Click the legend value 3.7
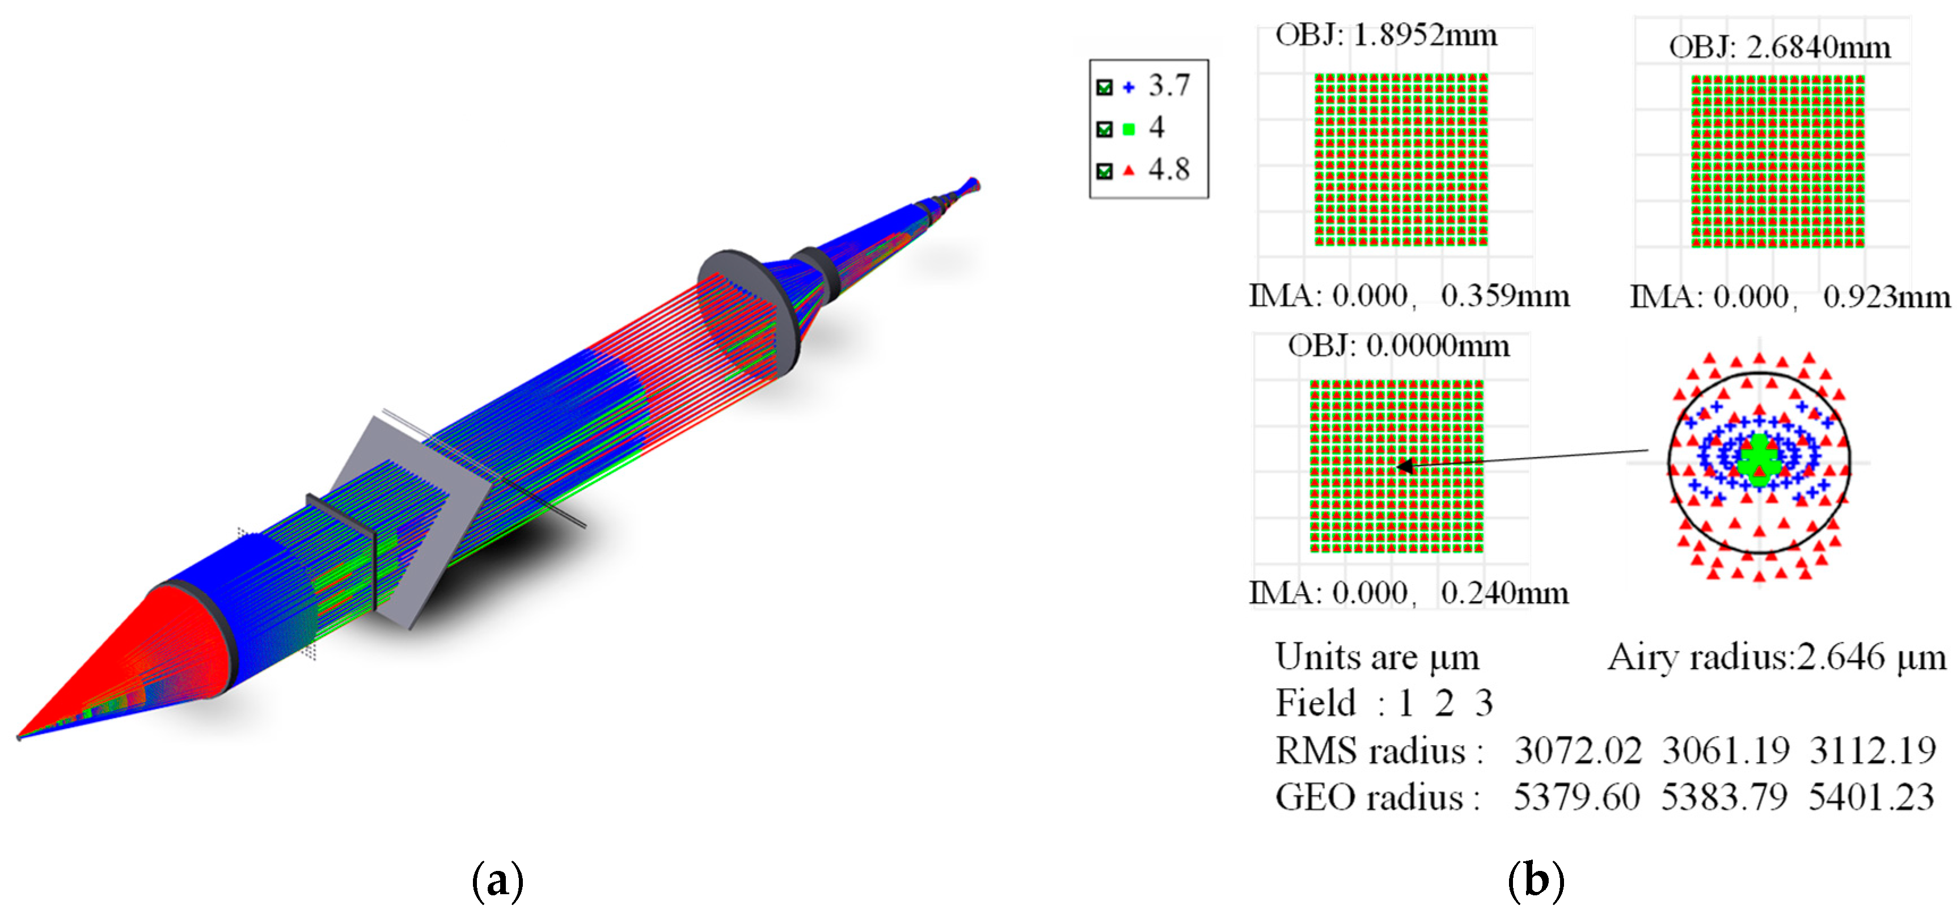[1168, 86]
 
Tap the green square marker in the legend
[1129, 129]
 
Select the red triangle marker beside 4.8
[1129, 171]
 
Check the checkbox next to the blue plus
[1105, 87]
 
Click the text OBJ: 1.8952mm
[1386, 36]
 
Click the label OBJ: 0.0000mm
[1398, 346]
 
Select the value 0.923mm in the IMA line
[1886, 297]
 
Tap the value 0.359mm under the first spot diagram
[1504, 295]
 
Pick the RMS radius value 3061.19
[1725, 751]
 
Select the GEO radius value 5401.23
[1871, 797]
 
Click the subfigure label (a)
[497, 881]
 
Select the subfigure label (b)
[1535, 881]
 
